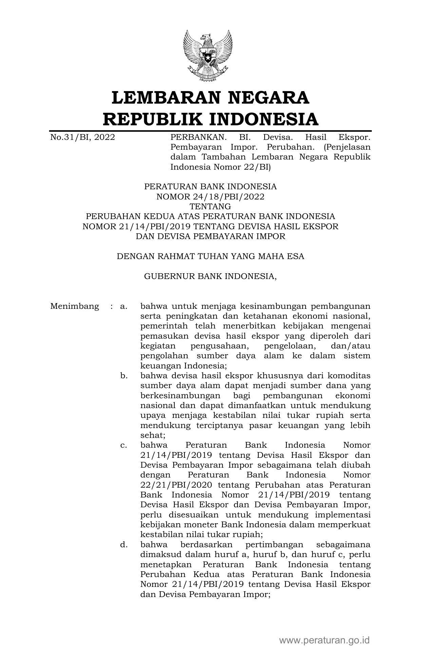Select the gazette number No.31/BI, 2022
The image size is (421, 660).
(x=82, y=137)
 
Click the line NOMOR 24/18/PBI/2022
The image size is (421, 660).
(x=210, y=196)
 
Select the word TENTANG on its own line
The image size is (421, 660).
(x=210, y=206)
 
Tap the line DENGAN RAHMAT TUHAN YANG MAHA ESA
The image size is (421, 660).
(x=210, y=256)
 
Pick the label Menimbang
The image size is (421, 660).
(x=75, y=306)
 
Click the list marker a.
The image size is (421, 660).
(x=123, y=306)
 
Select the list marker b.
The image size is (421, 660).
(x=123, y=376)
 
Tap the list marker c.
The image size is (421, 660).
(x=123, y=445)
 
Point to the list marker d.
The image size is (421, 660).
(x=123, y=545)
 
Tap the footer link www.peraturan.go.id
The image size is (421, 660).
(x=324, y=640)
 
